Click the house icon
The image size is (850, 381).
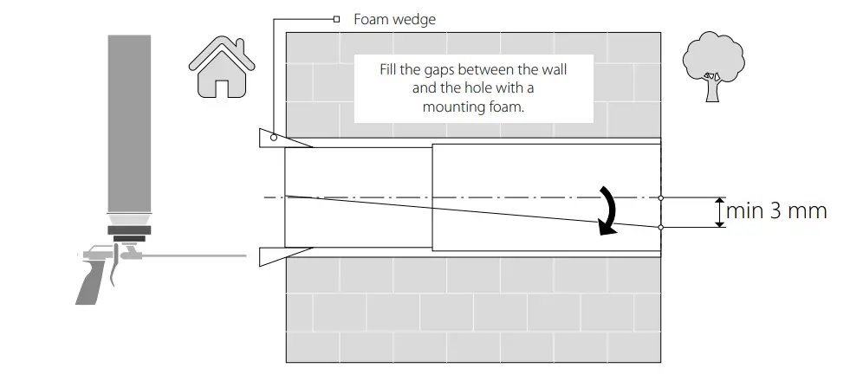coord(222,68)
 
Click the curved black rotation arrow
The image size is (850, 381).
coord(610,210)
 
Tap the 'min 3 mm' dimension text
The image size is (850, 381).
coord(776,210)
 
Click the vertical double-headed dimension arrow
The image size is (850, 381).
coord(718,212)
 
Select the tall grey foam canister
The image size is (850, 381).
coord(128,121)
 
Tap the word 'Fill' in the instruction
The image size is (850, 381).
coord(391,68)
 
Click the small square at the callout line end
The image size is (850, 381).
coord(335,17)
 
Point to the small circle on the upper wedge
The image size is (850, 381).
coord(272,136)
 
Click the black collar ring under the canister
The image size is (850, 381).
coord(129,230)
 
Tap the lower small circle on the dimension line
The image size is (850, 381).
coord(661,228)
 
